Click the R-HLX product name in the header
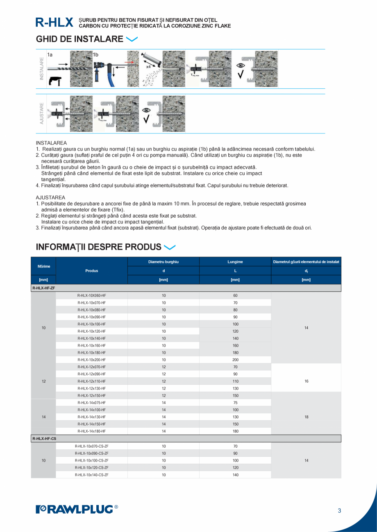(x=54, y=23)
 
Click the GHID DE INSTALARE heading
(x=79, y=39)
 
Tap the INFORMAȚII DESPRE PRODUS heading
(x=98, y=247)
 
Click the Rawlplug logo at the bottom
(x=77, y=509)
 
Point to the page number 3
(x=339, y=510)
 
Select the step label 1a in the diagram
(x=50, y=54)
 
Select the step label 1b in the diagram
(x=95, y=54)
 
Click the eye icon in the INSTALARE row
(x=242, y=65)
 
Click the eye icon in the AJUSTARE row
(x=146, y=110)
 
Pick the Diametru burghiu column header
(x=164, y=261)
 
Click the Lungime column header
(x=235, y=261)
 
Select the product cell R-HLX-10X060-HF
(x=91, y=295)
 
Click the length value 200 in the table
(x=235, y=360)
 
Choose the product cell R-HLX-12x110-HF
(x=91, y=381)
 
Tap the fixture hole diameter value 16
(x=306, y=381)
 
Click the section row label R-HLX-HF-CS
(x=44, y=439)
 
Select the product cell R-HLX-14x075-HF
(x=91, y=403)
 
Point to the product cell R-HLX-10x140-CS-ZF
(x=91, y=475)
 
